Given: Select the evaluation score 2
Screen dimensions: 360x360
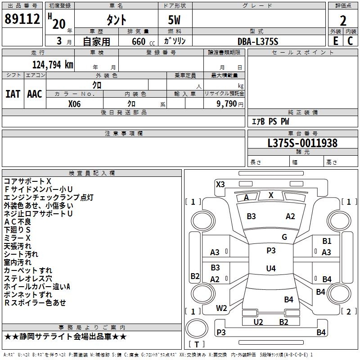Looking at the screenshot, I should pyautogui.click(x=343, y=20).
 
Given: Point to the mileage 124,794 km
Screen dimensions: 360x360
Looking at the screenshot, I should pyautogui.click(x=53, y=64).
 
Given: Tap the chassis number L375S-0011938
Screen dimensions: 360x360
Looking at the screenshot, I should pyautogui.click(x=302, y=143).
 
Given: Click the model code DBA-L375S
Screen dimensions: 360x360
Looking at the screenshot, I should pyautogui.click(x=258, y=41).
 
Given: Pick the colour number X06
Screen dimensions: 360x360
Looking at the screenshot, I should pyautogui.click(x=74, y=103).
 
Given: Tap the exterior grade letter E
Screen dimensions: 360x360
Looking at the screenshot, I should pyautogui.click(x=335, y=41).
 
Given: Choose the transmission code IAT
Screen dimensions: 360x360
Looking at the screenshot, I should pyautogui.click(x=13, y=94).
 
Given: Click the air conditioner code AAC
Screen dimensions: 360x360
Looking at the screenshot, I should pyautogui.click(x=34, y=94).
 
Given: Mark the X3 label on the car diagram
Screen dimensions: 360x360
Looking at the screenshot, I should pyautogui.click(x=220, y=184).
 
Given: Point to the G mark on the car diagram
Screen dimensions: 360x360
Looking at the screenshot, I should pyautogui.click(x=284, y=237).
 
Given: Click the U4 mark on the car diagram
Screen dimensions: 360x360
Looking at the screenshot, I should pyautogui.click(x=271, y=269).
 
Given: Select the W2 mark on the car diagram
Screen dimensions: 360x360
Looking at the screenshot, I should pyautogui.click(x=221, y=308).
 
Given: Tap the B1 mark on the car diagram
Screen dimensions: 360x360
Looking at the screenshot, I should pyautogui.click(x=327, y=241).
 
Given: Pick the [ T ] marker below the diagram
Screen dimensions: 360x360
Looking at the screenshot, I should pyautogui.click(x=197, y=344).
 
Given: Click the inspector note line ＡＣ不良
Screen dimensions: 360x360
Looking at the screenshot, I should pyautogui.click(x=18, y=221).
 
